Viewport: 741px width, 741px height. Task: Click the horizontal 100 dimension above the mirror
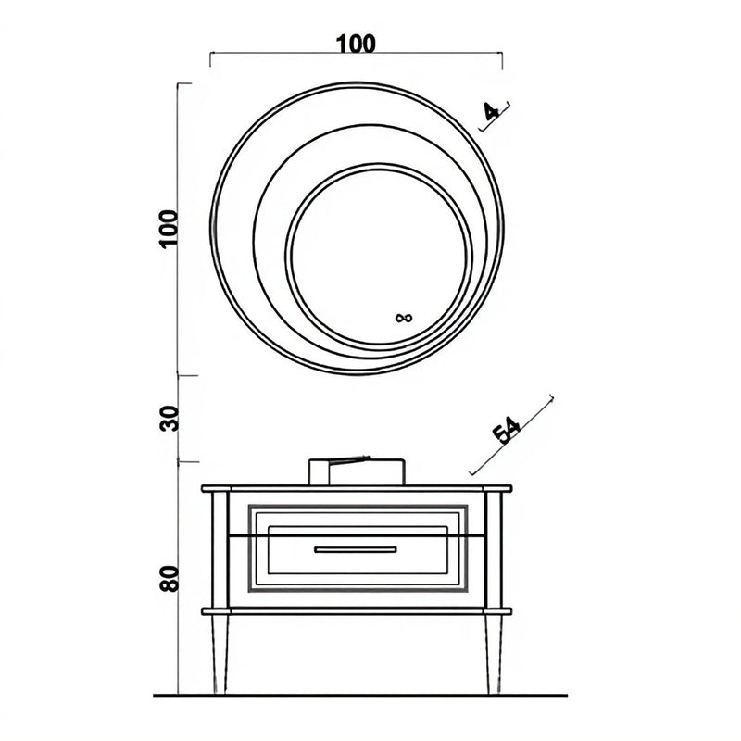[356, 44]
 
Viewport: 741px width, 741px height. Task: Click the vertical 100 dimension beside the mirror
[169, 229]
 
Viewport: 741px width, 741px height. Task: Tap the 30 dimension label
[170, 419]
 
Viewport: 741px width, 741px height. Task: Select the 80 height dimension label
[170, 578]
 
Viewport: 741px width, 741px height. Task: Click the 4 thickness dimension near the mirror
[492, 111]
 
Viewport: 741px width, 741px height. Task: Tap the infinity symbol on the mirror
[404, 318]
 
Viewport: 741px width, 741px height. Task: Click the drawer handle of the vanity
[356, 549]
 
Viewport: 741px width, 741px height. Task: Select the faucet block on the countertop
[357, 471]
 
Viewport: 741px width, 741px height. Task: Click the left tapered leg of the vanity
[220, 654]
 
